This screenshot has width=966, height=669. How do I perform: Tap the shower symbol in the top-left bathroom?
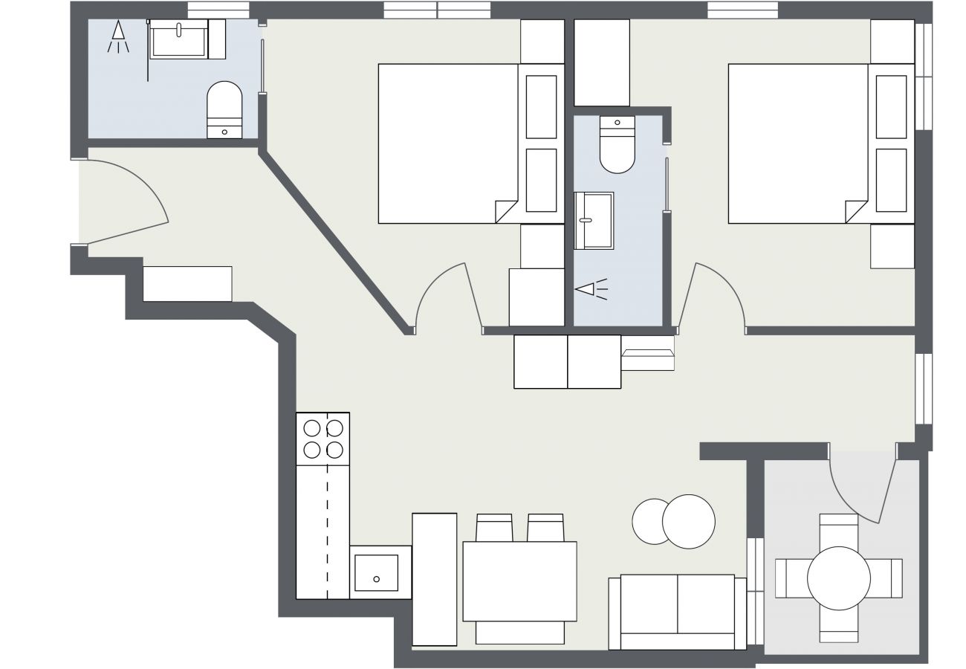point(118,36)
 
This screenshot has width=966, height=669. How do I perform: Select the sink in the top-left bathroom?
point(179,39)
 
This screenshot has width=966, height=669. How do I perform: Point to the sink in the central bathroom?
point(594,220)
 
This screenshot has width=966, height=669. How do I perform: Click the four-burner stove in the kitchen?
point(323,439)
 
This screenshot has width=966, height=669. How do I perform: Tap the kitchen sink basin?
point(376,573)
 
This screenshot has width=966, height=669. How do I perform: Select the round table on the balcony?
point(838,578)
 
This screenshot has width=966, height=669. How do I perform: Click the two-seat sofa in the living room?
point(677,612)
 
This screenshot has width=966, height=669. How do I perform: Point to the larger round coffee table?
point(689,522)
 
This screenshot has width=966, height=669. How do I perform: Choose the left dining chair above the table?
point(494,528)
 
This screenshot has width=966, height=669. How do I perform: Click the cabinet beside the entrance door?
point(187,284)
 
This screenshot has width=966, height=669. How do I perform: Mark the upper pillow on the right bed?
point(891,106)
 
